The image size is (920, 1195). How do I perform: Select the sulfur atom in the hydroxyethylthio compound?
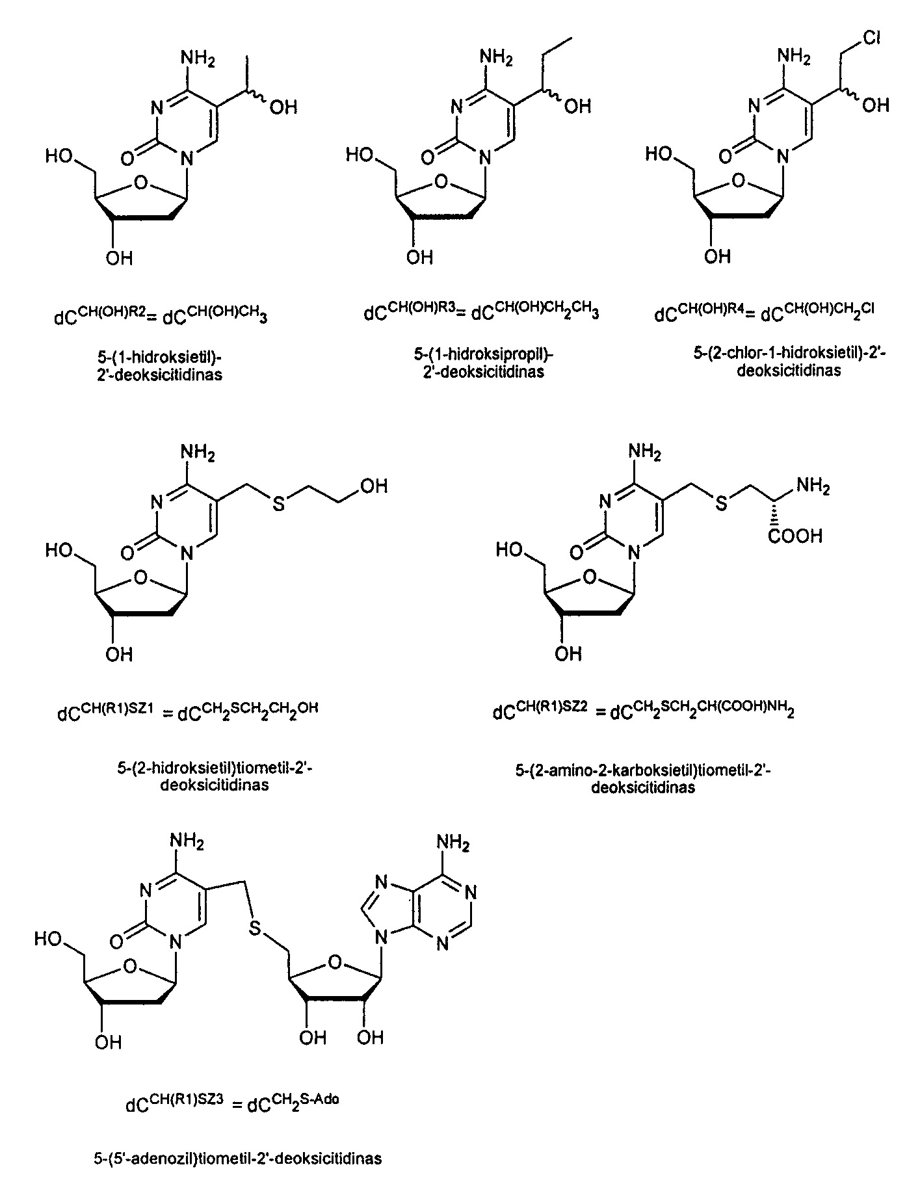(x=279, y=504)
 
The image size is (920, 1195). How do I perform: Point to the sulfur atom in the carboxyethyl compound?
(x=722, y=503)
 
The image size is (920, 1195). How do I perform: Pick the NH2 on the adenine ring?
(x=453, y=844)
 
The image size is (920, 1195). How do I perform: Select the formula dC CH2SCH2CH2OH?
(x=248, y=712)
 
